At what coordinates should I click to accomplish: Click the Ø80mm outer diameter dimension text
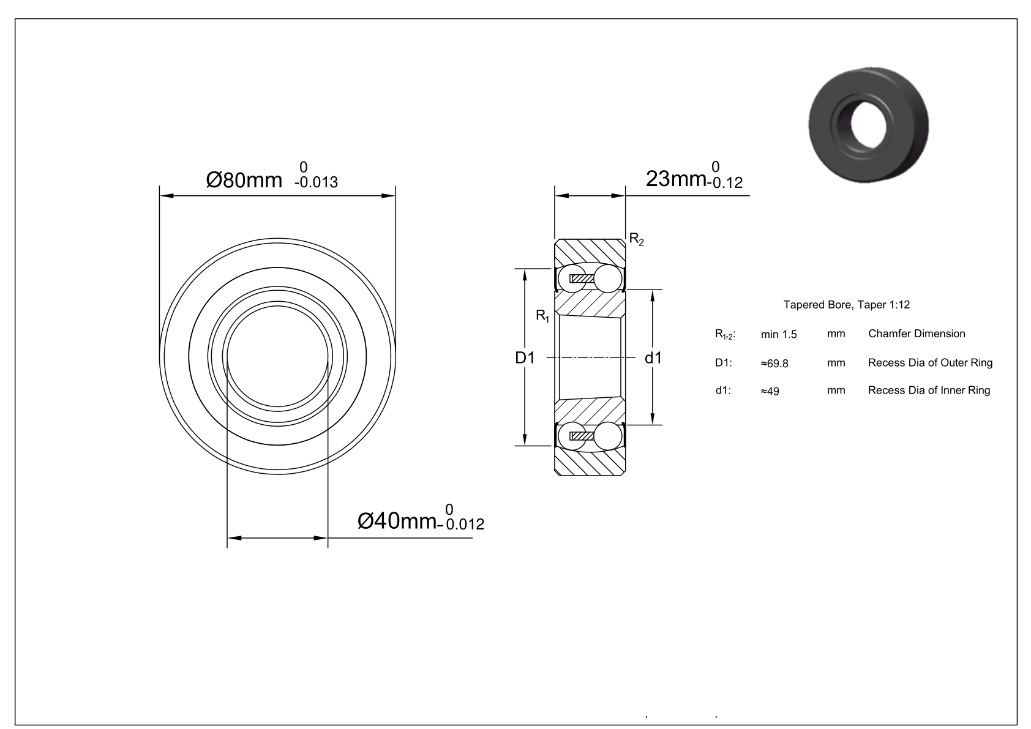click(x=244, y=180)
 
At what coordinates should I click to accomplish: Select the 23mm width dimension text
click(x=676, y=179)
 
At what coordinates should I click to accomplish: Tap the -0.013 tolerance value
click(x=316, y=182)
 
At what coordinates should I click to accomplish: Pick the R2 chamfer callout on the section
click(x=637, y=239)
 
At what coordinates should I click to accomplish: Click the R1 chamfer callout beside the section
click(x=542, y=316)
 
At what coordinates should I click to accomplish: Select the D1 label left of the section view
click(x=525, y=358)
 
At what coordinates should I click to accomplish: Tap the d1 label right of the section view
click(x=653, y=358)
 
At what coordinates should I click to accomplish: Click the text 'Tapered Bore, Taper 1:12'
click(x=847, y=305)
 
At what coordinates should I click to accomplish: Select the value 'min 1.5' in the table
click(x=779, y=334)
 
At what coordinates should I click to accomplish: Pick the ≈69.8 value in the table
click(x=774, y=364)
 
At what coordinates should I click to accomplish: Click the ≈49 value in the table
click(x=770, y=391)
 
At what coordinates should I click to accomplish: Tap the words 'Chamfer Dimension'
click(x=917, y=334)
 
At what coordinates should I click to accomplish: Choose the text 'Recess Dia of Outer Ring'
click(x=930, y=362)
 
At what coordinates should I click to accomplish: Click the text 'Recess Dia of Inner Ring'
click(x=929, y=391)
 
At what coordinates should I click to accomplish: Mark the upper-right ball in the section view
click(x=608, y=279)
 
